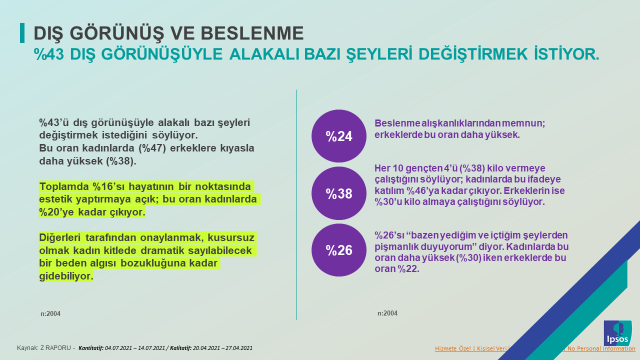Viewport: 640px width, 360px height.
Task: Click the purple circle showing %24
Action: [x=338, y=135]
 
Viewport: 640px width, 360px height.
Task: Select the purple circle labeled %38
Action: [x=338, y=192]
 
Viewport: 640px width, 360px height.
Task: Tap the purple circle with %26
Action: [x=338, y=249]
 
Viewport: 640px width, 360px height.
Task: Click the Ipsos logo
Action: [x=618, y=334]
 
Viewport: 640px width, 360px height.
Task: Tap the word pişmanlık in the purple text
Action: [x=403, y=244]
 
